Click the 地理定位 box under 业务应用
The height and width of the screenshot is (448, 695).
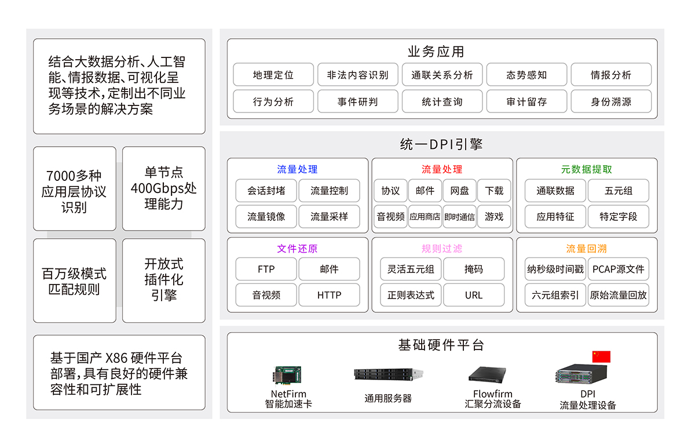[273, 75]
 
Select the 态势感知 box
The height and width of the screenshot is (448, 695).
[526, 75]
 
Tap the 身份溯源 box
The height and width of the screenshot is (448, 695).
[611, 101]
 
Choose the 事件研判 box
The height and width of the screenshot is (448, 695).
[357, 101]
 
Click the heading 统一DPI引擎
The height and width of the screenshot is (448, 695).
[441, 144]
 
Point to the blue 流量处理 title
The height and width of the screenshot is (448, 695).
[297, 169]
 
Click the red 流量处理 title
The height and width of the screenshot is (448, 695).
[442, 169]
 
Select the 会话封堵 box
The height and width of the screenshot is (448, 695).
[266, 191]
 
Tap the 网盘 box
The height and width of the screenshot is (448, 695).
[459, 191]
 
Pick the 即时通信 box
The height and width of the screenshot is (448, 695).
[459, 217]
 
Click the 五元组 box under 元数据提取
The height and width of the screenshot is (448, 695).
[618, 191]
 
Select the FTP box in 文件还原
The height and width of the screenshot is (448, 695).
[266, 269]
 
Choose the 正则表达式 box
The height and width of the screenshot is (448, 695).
[411, 295]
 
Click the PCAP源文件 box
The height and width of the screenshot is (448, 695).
[618, 269]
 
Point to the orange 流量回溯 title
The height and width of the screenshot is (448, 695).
[586, 249]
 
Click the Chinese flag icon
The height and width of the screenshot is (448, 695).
[601, 356]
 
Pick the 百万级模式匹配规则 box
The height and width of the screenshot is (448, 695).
[74, 281]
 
